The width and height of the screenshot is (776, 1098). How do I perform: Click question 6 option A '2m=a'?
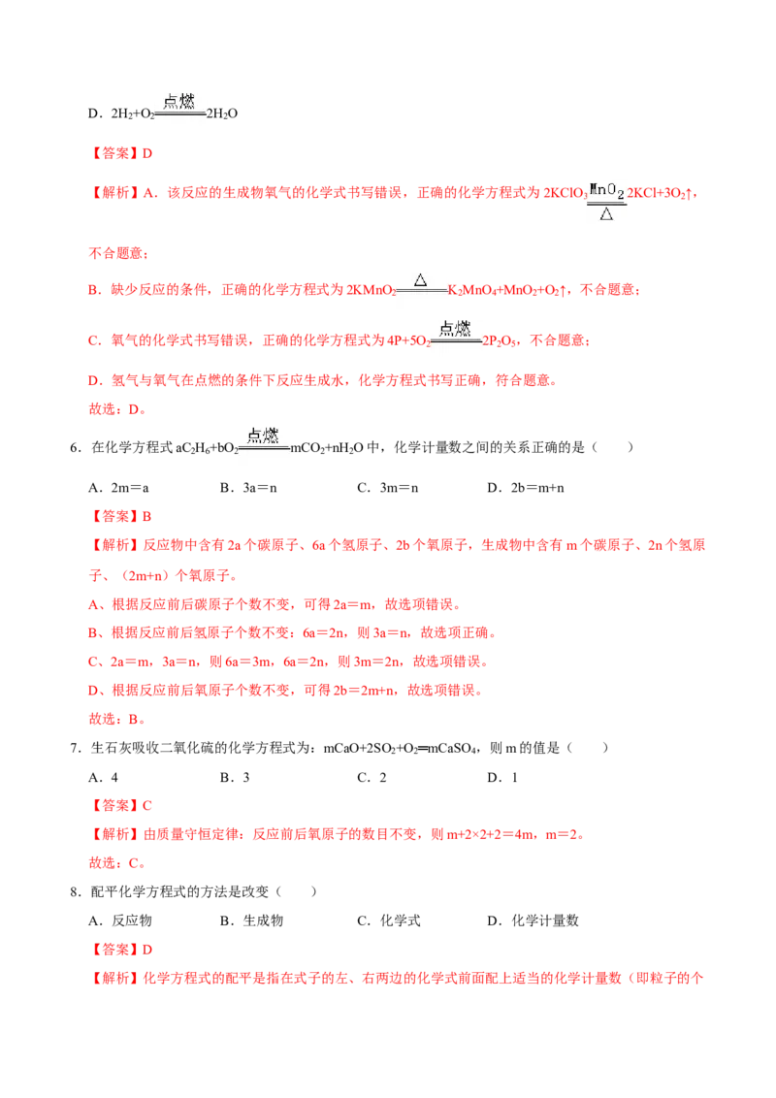point(118,487)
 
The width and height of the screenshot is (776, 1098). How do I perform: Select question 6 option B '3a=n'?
point(248,487)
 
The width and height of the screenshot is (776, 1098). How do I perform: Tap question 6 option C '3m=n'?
point(387,487)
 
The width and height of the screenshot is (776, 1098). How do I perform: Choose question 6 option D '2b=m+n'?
point(526,487)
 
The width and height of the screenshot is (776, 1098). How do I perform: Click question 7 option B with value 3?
point(235,777)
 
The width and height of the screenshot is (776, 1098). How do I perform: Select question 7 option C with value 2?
point(372,777)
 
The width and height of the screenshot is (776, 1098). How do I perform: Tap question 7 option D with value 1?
point(502,777)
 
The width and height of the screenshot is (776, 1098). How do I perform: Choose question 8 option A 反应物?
point(119,920)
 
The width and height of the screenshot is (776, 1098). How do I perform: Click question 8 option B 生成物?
point(251,920)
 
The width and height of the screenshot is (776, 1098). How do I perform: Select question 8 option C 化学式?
point(389,920)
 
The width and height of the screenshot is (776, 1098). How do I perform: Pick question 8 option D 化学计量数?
point(533,920)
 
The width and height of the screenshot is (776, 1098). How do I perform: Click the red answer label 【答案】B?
point(119,516)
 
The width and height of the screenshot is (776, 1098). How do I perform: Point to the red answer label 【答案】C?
point(119,805)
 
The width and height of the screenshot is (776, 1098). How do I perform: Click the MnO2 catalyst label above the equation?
point(606,190)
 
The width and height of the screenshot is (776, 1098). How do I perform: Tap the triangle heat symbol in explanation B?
point(420,280)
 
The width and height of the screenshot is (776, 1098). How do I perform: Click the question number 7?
point(76,748)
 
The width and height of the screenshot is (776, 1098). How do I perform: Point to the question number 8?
point(76,891)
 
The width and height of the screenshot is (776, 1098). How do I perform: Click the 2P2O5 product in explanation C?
point(500,341)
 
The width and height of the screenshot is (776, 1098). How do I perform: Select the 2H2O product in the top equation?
point(222,113)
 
